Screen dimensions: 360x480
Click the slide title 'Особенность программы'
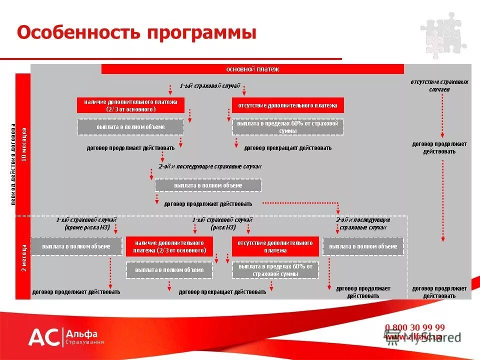[136, 33]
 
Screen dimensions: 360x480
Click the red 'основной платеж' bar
[252, 69]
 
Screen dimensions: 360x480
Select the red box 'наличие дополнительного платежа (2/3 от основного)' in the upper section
[130, 105]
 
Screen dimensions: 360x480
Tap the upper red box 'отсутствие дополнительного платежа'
[287, 105]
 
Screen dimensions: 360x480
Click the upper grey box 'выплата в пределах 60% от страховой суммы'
[287, 127]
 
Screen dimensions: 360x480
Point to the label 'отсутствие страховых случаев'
[439, 85]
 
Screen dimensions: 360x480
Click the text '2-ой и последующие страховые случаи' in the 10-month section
[210, 166]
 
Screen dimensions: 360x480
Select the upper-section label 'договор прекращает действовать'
[287, 148]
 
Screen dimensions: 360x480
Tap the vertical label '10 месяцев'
[23, 145]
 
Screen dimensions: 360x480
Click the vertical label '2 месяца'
[23, 258]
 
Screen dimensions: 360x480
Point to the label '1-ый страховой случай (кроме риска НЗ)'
[86, 223]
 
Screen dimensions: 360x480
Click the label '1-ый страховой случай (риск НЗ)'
[222, 223]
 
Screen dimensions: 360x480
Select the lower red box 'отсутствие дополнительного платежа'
[275, 246]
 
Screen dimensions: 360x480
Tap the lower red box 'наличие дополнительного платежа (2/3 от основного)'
[169, 246]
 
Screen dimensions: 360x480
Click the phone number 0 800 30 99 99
[414, 327]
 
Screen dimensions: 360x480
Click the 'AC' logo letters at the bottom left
[43, 337]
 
